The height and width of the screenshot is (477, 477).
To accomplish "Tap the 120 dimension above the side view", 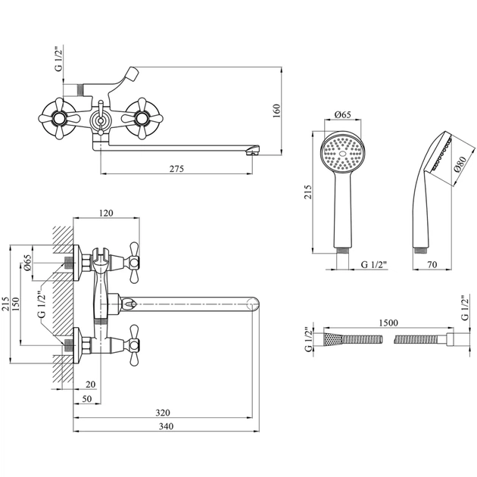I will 106,214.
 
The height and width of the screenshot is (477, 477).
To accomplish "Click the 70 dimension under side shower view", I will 432,264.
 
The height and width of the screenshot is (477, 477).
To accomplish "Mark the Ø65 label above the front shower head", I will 342,115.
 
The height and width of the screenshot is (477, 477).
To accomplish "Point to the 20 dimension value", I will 90,383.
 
